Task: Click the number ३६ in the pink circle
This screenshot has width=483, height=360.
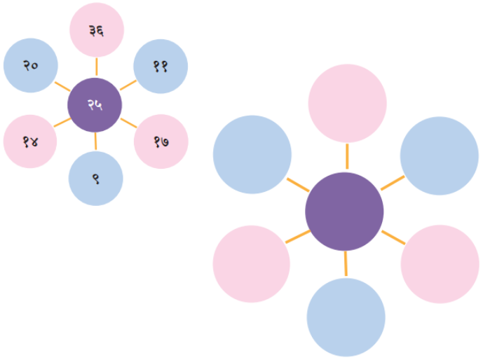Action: click(97, 31)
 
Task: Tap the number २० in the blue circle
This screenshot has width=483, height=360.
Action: click(31, 65)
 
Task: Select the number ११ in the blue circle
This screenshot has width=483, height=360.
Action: click(161, 67)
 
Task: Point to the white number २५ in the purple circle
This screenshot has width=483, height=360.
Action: click(95, 105)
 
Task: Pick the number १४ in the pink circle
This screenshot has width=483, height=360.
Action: click(31, 142)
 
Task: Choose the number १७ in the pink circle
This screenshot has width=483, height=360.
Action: click(161, 142)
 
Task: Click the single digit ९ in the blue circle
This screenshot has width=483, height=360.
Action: click(96, 179)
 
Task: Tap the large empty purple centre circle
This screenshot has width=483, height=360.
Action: click(344, 212)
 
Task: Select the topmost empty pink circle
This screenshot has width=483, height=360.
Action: click(348, 104)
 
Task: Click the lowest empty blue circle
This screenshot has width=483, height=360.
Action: click(346, 317)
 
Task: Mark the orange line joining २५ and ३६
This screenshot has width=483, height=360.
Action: click(97, 67)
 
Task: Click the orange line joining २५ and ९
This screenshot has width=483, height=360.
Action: click(95, 141)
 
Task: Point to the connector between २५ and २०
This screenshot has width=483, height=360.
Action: click(62, 86)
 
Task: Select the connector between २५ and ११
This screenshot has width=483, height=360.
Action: click(128, 85)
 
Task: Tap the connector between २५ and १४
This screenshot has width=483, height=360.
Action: click(62, 122)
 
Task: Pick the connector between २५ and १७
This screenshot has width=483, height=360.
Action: click(129, 123)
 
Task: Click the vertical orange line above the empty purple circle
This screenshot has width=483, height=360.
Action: click(347, 156)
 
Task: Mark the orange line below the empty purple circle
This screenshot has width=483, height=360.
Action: click(346, 263)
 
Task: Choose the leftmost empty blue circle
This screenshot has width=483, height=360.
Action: click(252, 155)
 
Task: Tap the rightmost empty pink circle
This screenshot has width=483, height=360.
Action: click(440, 264)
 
